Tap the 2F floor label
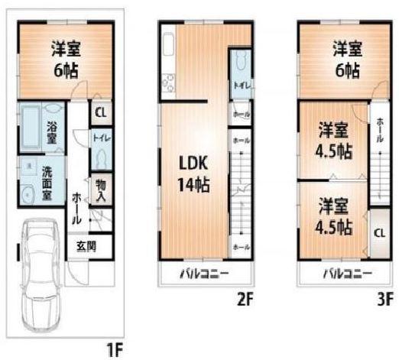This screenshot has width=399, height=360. pos(244,300)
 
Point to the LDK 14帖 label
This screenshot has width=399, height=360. pos(194,174)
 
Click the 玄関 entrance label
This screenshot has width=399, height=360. pos(85,246)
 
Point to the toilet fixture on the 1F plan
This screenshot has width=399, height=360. pos(102,160)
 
